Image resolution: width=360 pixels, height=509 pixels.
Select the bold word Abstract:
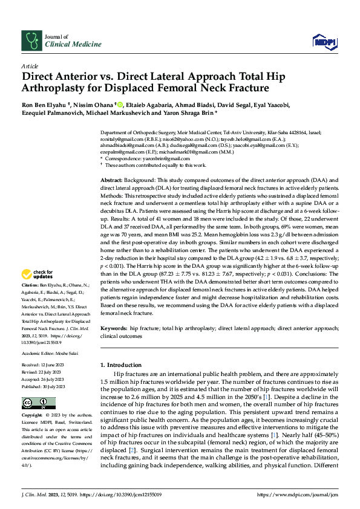[x=111, y=181]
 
